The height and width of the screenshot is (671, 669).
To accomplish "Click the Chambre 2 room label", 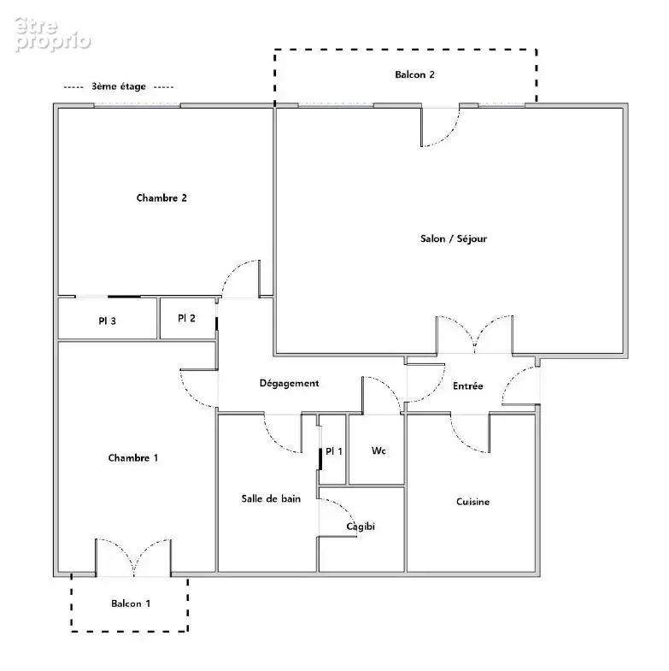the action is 161,197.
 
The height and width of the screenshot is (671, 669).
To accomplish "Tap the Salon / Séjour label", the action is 454,238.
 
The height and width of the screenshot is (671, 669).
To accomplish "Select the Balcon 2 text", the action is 414,74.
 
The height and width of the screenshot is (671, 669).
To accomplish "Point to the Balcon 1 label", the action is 131,603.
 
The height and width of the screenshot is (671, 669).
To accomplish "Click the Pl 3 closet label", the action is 107,321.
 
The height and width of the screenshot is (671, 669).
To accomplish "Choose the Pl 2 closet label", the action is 186,318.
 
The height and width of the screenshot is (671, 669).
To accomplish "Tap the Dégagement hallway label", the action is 289,384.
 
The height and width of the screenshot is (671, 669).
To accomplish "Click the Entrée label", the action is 468,386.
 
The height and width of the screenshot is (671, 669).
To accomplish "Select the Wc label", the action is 379,450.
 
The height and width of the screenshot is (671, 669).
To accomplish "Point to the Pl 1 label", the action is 333,451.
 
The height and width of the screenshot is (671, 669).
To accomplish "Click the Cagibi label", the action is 361,527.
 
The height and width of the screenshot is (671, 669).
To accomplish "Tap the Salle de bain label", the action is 271,498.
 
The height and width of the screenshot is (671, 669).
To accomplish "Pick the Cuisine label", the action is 472,502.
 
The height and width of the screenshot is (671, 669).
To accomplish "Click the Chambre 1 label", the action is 133,458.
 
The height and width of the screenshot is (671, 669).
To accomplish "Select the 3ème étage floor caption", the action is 119,86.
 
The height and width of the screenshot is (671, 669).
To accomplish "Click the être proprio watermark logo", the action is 52,35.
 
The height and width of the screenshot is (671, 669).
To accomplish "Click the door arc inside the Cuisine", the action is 462,442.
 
